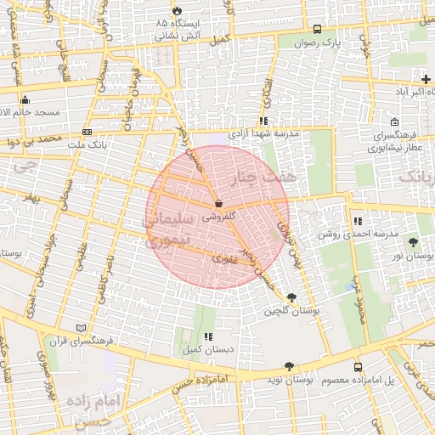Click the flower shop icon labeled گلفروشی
[218, 204]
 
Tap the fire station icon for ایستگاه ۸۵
[177, 10]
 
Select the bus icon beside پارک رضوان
[318, 27]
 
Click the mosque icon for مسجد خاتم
[25, 99]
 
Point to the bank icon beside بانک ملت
[87, 132]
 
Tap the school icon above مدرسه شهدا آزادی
[263, 121]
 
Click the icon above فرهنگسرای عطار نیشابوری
[393, 121]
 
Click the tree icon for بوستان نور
[413, 242]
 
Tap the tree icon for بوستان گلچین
[292, 297]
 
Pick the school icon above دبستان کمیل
[208, 336]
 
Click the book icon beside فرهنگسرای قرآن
[82, 328]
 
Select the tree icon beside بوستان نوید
[289, 366]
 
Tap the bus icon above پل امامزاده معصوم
[358, 366]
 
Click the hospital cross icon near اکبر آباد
[426, 78]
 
